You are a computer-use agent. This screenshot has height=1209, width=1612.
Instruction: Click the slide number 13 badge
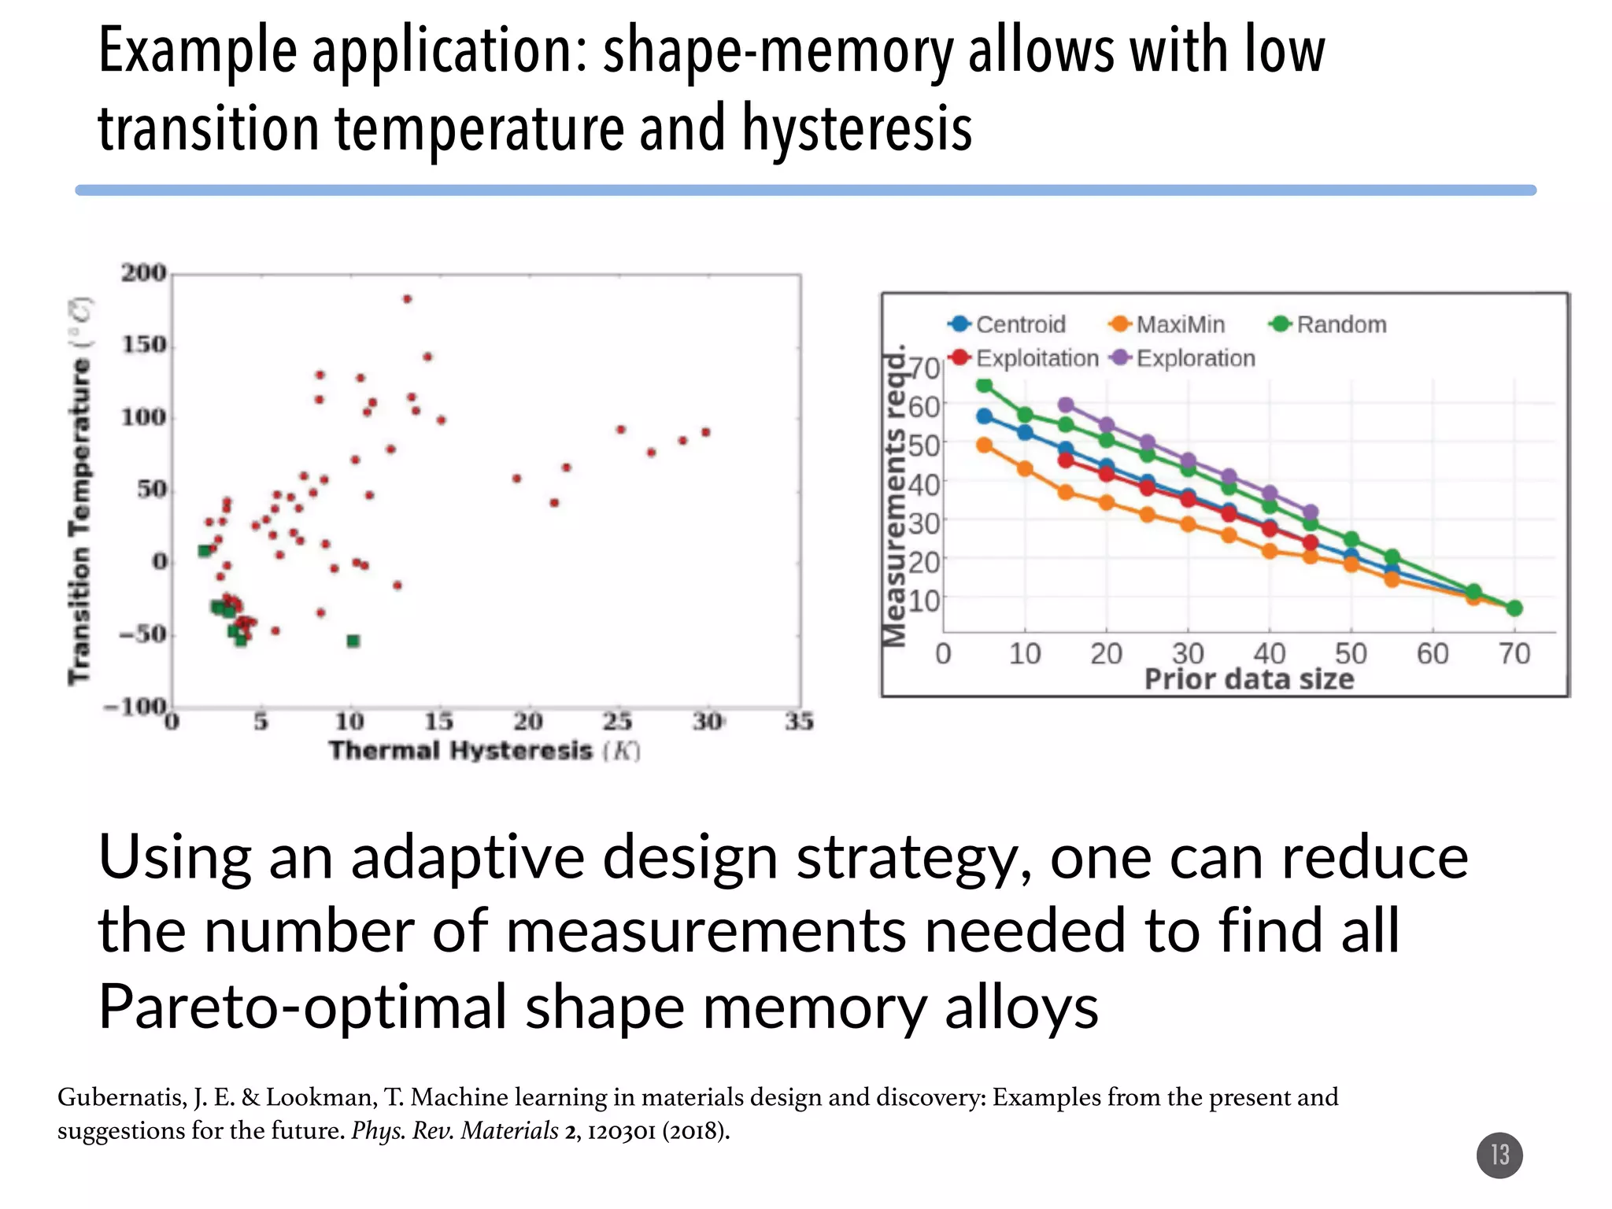click(1499, 1155)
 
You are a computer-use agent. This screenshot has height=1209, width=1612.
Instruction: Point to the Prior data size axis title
click(1248, 679)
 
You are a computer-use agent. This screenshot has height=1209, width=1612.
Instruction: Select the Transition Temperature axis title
click(79, 491)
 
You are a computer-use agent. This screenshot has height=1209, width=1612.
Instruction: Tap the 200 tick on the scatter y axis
click(143, 273)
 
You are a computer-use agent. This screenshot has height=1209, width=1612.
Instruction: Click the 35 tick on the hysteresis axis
click(799, 721)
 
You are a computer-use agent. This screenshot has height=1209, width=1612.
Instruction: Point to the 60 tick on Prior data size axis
click(1432, 654)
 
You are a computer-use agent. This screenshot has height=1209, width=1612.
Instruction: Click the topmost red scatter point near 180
click(407, 299)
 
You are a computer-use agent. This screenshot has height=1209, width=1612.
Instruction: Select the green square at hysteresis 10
click(353, 641)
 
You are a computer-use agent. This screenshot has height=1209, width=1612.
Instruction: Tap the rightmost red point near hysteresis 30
click(706, 432)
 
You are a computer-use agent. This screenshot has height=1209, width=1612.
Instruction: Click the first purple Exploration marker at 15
click(1066, 405)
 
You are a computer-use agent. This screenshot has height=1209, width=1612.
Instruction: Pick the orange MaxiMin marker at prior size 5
click(984, 446)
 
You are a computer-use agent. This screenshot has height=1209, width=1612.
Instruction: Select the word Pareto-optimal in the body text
click(302, 1007)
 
